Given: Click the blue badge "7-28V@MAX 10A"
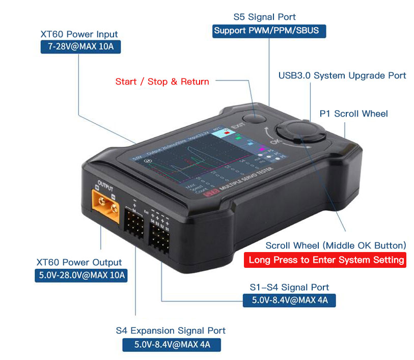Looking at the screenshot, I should pos(80,48).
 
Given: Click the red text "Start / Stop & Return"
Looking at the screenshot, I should pos(162,81).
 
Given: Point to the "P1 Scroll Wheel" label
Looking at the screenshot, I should pos(353,114).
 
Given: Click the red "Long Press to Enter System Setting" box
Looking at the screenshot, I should pos(326,260).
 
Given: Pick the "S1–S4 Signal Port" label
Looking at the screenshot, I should pos(289,287).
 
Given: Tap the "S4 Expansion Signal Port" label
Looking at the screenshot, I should pos(171,330).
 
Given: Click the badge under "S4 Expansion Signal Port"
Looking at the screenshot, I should pos(172,344).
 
